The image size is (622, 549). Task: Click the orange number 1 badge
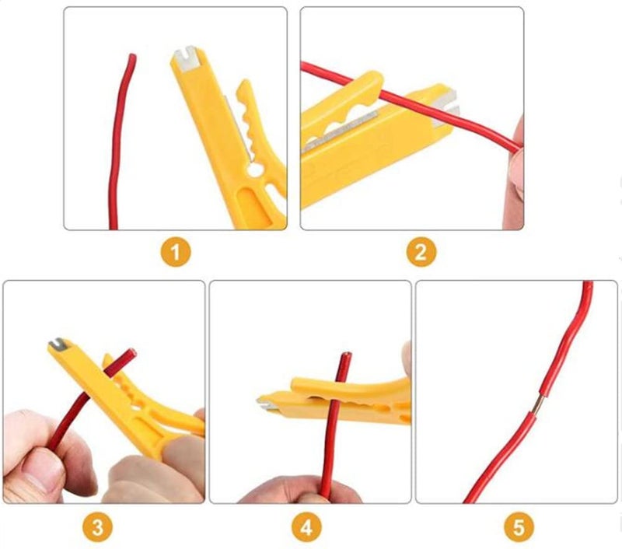pyautogui.click(x=176, y=252)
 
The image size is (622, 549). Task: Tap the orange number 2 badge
pyautogui.click(x=421, y=252)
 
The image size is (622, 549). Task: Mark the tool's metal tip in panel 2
pyautogui.click(x=449, y=101)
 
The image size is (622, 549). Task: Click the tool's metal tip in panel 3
pyautogui.click(x=58, y=343)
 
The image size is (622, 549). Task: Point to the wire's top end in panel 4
pyautogui.click(x=344, y=357)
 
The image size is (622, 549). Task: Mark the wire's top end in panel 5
pyautogui.click(x=589, y=285)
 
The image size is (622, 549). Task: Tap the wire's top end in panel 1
pyautogui.click(x=132, y=56)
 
